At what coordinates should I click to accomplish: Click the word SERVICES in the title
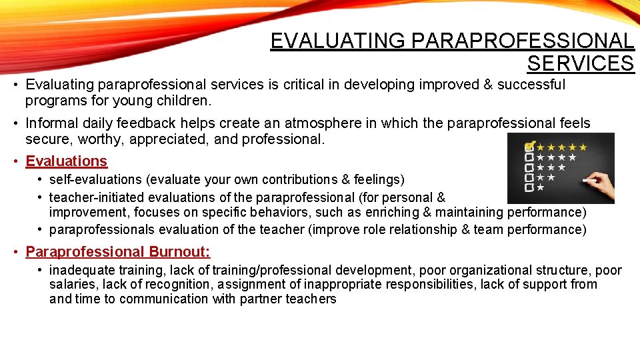580,63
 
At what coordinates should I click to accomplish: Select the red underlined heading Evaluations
66,161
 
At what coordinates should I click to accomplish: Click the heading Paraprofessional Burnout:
118,252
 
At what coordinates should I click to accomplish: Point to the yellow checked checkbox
530,146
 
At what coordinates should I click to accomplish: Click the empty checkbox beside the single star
529,188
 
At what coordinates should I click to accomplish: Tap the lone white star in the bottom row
540,188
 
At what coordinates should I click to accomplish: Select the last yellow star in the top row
583,147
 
